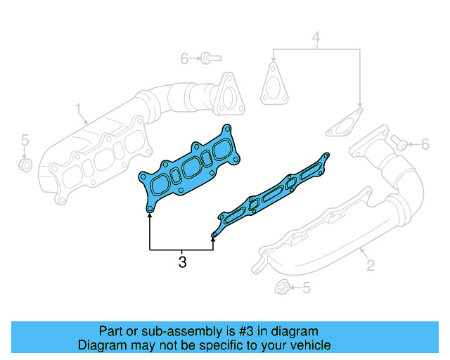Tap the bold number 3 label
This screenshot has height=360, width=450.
click(x=182, y=263)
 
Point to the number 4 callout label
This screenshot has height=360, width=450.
click(x=316, y=37)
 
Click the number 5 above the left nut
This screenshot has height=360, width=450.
click(x=24, y=139)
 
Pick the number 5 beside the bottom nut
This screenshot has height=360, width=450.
click(x=306, y=287)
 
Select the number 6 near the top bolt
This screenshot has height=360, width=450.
click(x=184, y=58)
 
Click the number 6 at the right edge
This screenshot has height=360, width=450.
click(x=425, y=145)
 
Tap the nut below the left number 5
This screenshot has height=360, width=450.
click(x=24, y=165)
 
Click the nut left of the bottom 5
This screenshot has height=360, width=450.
click(x=280, y=287)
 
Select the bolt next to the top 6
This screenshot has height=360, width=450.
click(x=208, y=58)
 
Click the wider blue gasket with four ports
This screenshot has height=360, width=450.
click(x=188, y=170)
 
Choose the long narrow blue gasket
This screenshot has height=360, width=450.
click(x=271, y=195)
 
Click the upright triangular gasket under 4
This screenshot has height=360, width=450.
click(x=271, y=82)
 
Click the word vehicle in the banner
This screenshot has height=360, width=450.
click(x=307, y=345)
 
